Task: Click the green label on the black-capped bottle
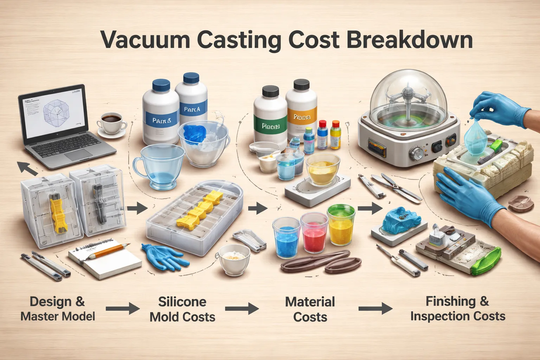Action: (271, 125)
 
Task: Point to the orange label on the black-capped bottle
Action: (302, 117)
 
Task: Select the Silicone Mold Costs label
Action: (182, 309)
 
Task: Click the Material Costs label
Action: (310, 309)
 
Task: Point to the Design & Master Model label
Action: (58, 309)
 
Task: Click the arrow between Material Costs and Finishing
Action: (375, 309)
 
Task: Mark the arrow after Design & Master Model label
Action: (123, 309)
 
